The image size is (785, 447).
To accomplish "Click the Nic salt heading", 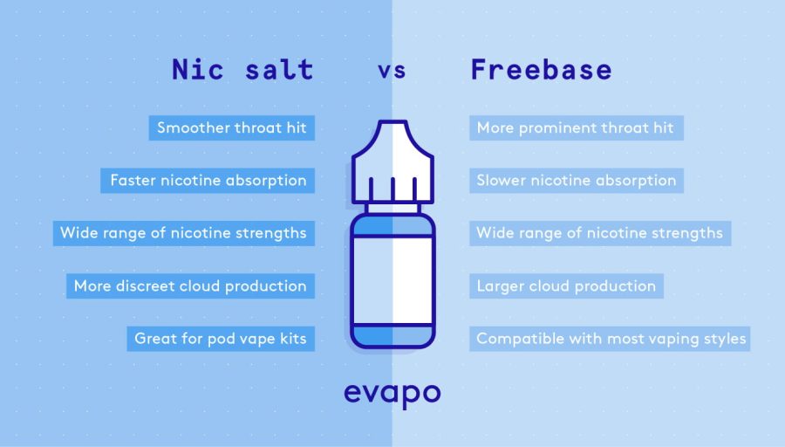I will pos(242,70).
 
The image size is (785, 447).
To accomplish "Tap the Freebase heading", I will pos(541,70).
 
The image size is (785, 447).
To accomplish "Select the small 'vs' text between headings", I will pos(392,71).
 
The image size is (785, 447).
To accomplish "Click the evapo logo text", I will pos(392,392).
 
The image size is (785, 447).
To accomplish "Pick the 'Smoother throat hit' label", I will pos(232,128).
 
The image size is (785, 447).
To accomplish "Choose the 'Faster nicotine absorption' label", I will pos(208,181).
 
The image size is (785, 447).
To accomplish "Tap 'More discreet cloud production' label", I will pos(190,285).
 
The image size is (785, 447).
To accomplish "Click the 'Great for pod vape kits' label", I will pos(221,338).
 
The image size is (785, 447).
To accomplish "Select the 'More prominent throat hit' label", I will pos(575,128).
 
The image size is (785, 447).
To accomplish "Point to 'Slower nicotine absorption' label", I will pos(576,181).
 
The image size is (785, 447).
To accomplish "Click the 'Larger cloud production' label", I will pos(566,285).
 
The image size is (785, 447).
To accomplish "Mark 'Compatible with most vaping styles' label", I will pos(611,338).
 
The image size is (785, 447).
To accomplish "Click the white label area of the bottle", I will pos(392,279).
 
